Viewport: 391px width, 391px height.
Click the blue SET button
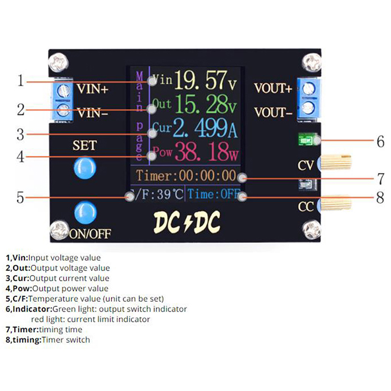(x=84, y=168)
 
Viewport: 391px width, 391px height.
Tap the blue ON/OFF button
(x=85, y=214)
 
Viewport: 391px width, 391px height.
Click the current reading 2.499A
(x=205, y=129)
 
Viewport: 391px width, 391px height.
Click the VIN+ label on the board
(x=93, y=90)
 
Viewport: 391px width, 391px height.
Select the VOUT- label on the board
(x=273, y=113)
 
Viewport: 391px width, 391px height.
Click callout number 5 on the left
(x=20, y=197)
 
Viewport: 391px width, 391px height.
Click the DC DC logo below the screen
(x=187, y=223)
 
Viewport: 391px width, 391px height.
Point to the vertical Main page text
(x=139, y=116)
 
